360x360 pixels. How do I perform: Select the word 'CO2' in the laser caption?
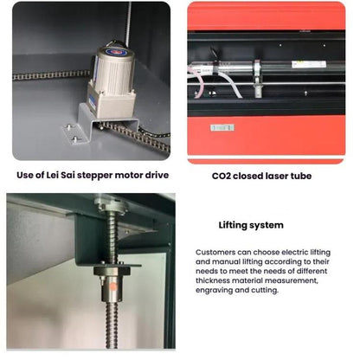coord(222,176)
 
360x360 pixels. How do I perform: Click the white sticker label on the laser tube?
coord(308,64)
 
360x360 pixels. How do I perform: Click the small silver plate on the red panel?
coord(222,127)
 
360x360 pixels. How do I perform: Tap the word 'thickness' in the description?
coord(217,281)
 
